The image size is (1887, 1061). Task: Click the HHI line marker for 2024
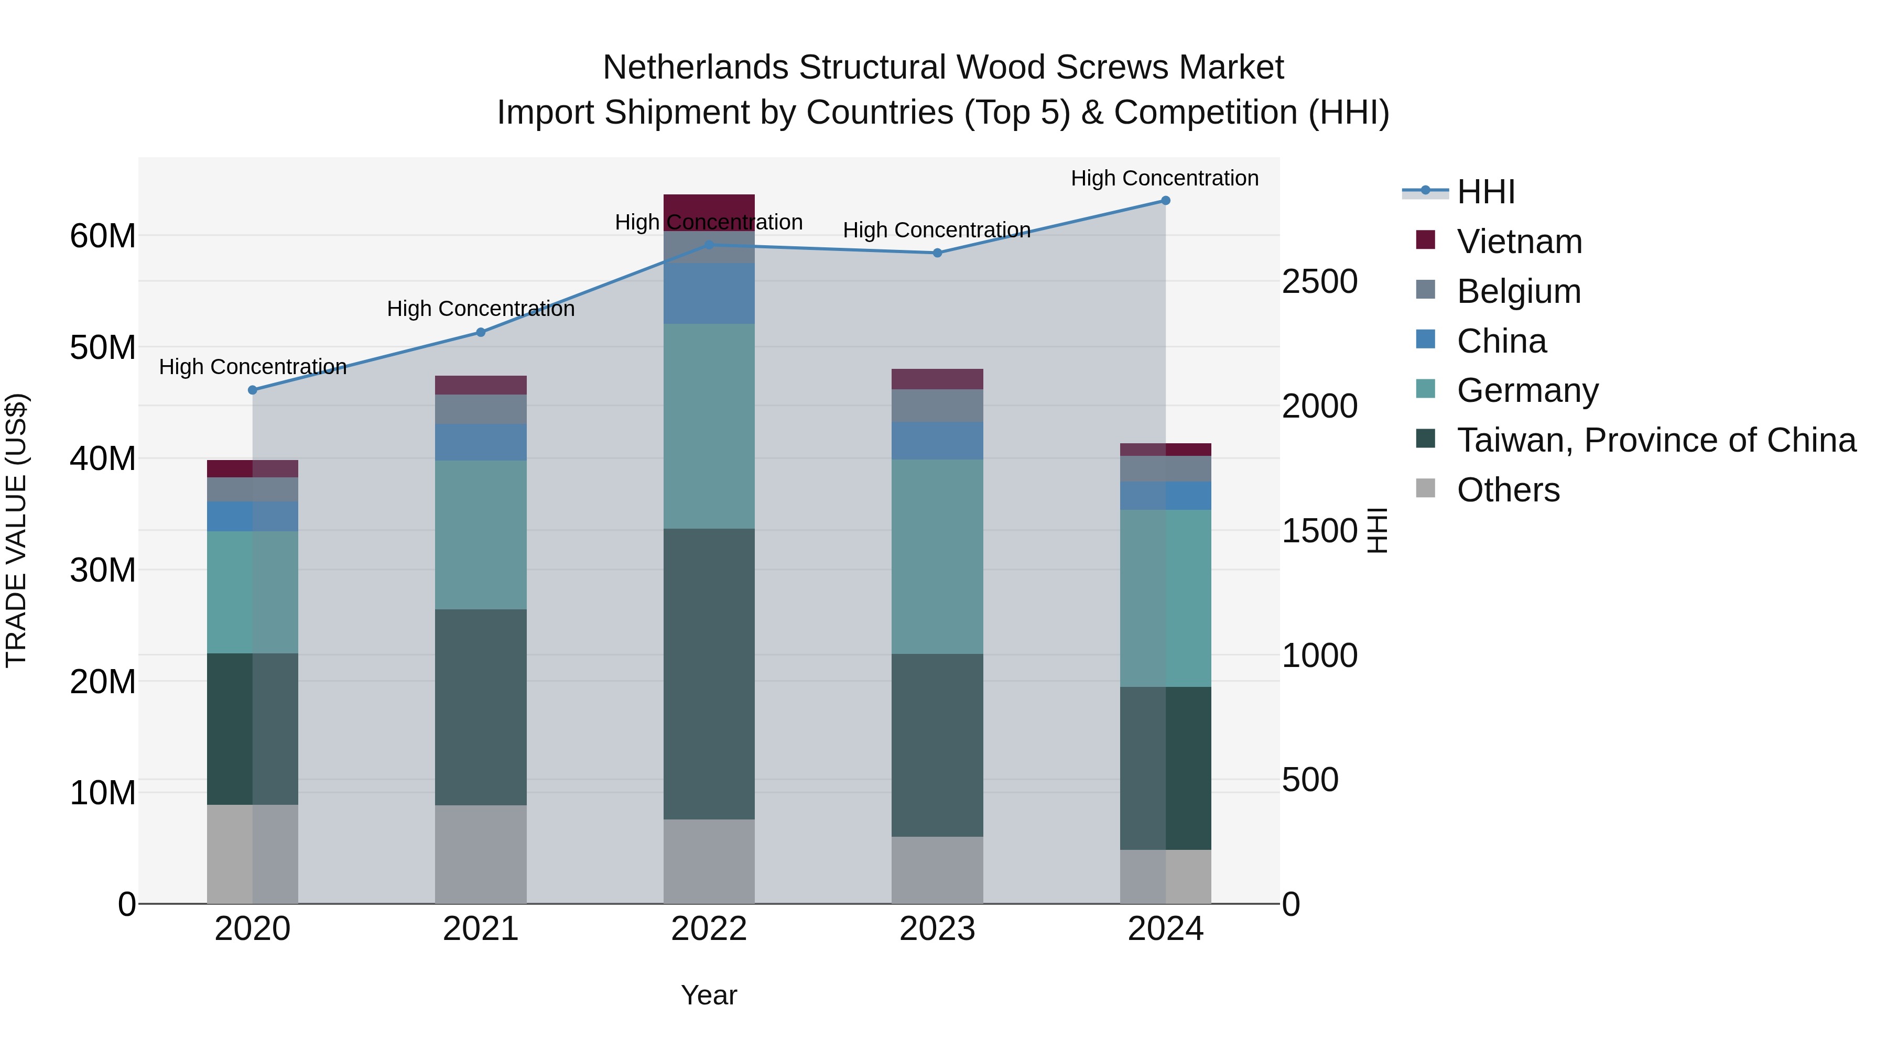point(1165,201)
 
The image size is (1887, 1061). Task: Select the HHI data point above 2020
point(253,390)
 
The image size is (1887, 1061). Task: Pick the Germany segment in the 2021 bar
point(481,534)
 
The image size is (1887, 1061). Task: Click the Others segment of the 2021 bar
point(481,854)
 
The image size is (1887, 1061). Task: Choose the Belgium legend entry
point(1519,291)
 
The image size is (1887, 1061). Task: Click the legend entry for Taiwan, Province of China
point(1655,440)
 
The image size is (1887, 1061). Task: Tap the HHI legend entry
point(1485,192)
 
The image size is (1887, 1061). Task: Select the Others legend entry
point(1508,490)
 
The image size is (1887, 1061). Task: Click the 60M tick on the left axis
point(103,236)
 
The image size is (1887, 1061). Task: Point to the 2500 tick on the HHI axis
point(1319,282)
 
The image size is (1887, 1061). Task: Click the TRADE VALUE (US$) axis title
point(17,530)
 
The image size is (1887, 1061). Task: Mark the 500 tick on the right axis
point(1310,780)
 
